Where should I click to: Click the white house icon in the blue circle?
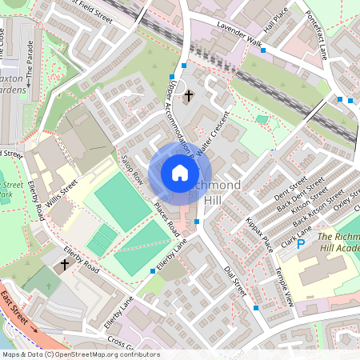point(180,172)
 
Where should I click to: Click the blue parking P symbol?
point(301,244)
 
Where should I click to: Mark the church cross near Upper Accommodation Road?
point(189,97)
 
